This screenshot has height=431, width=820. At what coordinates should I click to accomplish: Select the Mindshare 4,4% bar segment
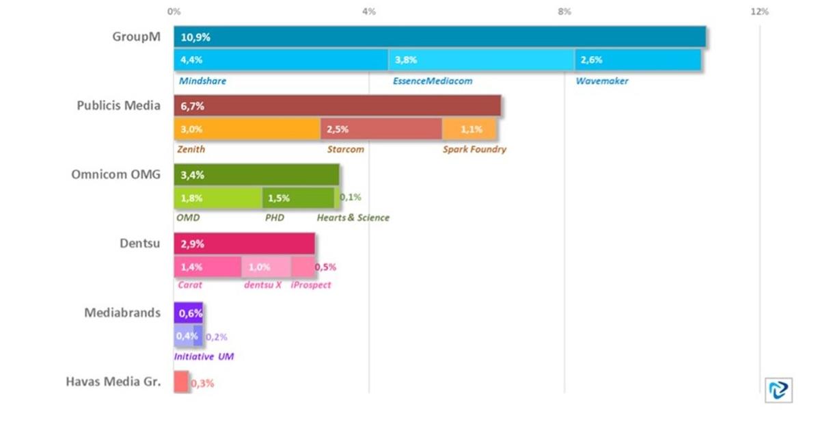[x=281, y=60]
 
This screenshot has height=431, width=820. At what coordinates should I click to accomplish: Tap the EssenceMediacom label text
[x=432, y=81]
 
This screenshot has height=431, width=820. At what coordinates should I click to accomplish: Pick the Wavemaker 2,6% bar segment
[x=638, y=60]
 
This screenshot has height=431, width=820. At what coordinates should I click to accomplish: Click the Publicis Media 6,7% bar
[x=337, y=106]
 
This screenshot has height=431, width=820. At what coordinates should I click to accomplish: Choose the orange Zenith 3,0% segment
[x=247, y=129]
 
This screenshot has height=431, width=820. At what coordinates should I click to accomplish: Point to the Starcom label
[x=345, y=149]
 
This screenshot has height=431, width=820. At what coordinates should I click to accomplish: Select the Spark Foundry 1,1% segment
[x=469, y=129]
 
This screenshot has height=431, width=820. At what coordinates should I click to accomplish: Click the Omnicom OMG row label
[x=116, y=174]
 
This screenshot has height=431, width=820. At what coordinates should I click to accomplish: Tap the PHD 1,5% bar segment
[x=298, y=198]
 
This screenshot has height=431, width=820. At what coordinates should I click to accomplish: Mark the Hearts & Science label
[x=353, y=218]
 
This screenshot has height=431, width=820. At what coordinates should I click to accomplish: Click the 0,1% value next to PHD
[x=351, y=197]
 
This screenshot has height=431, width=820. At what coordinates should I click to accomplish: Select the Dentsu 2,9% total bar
[x=244, y=244]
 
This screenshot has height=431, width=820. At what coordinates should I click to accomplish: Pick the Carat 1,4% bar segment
[x=207, y=267]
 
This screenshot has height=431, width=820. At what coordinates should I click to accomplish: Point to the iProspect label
[x=310, y=285]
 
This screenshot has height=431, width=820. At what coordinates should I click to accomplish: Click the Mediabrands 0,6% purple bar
[x=188, y=313]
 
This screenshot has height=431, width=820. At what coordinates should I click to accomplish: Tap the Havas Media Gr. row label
[x=113, y=382]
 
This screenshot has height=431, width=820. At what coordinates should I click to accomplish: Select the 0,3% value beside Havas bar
[x=202, y=384]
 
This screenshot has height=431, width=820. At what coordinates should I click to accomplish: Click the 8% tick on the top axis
[x=564, y=12]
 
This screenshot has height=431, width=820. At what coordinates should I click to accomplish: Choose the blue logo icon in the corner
[x=778, y=389]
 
